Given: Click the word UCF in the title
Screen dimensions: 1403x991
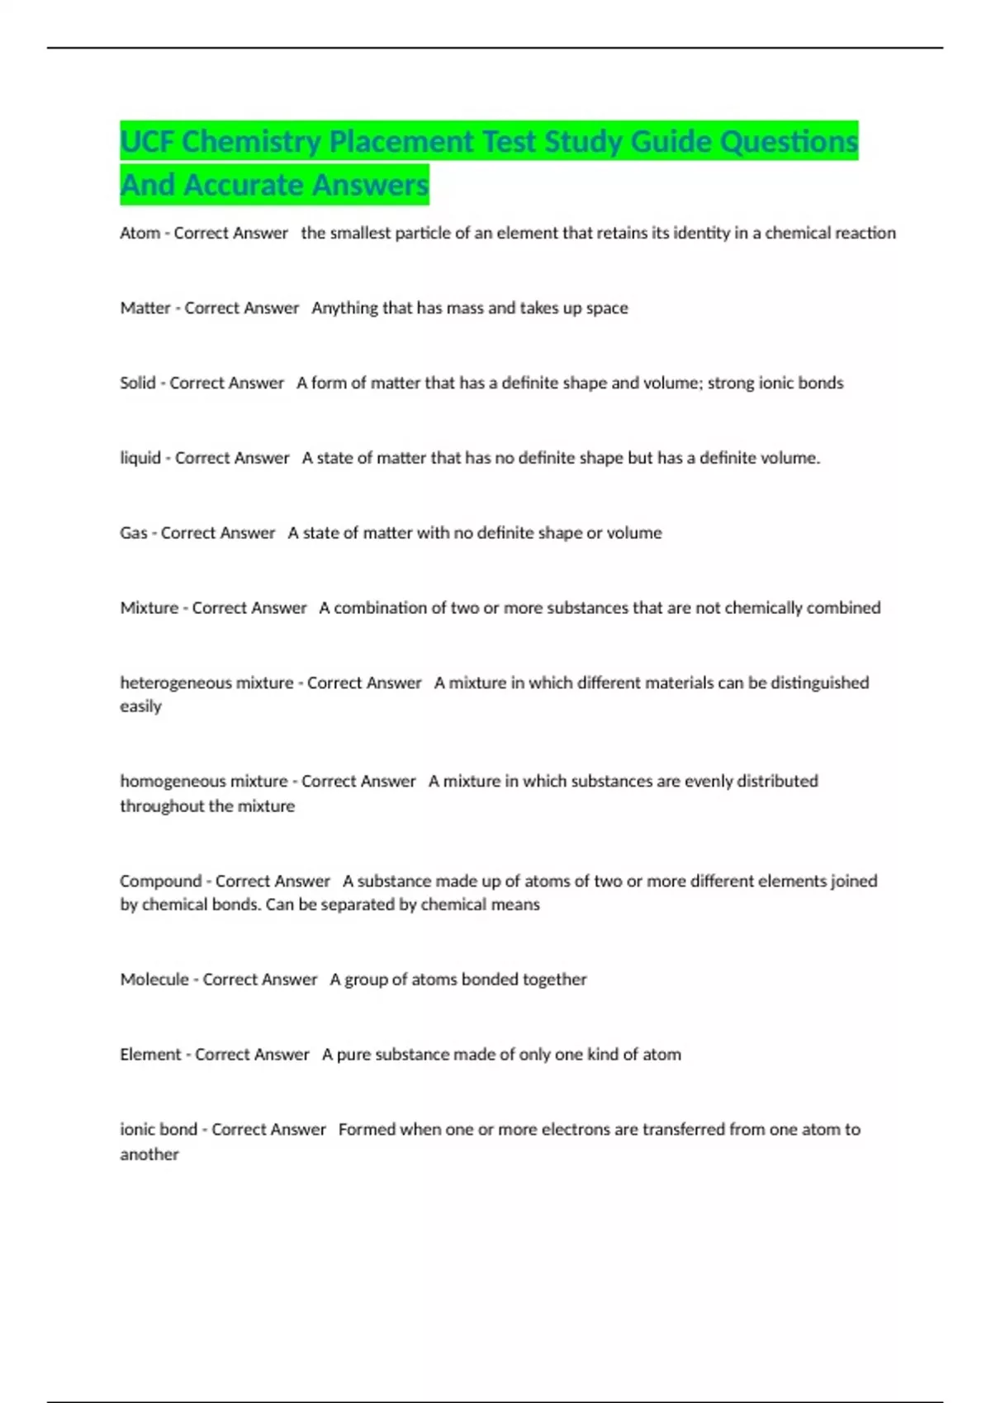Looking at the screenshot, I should tap(147, 142).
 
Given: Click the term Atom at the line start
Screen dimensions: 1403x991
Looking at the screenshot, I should tap(140, 234).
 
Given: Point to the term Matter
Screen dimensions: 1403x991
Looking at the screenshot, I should tap(145, 308).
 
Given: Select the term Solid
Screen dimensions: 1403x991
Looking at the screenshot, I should tap(138, 383).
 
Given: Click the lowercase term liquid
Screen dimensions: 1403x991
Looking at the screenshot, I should tap(140, 458).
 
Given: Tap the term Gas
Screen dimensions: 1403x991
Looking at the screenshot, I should tap(134, 533).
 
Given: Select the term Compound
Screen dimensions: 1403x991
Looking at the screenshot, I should tap(160, 881).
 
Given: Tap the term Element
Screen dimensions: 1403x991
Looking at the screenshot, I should tap(150, 1055).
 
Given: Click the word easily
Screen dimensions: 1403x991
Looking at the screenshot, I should tap(140, 707).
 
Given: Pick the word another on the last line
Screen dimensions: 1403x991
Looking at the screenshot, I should tap(149, 1155).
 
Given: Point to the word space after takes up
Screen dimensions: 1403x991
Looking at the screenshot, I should tap(607, 309).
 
